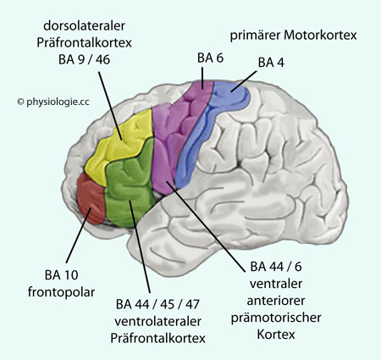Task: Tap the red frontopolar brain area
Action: click(x=91, y=199)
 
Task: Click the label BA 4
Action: click(x=271, y=63)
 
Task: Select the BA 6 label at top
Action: click(x=210, y=58)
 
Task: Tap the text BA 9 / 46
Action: click(x=84, y=60)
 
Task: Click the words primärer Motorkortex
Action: click(x=294, y=36)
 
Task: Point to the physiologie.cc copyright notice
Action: click(x=53, y=102)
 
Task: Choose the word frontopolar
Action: click(x=61, y=292)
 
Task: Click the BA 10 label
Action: click(x=61, y=275)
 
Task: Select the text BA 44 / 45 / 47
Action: click(x=157, y=304)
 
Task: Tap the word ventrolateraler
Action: click(x=157, y=321)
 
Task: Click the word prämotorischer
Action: click(x=276, y=318)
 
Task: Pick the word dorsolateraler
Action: click(x=84, y=25)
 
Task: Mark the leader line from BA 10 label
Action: click(x=79, y=235)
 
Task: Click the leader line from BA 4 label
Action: click(x=244, y=81)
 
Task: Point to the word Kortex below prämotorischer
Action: click(x=276, y=335)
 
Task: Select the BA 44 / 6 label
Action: click(x=276, y=267)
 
